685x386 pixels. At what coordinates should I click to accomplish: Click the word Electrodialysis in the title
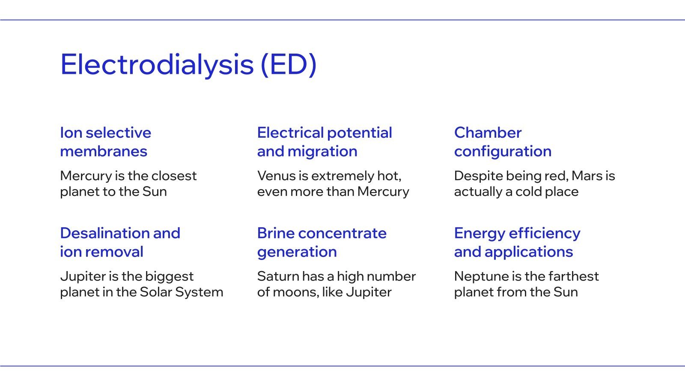pos(157,65)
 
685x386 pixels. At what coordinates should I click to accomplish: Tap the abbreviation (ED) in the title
pos(289,65)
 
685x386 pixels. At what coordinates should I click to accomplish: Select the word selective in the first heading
pos(118,133)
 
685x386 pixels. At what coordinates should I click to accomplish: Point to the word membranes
pos(104,151)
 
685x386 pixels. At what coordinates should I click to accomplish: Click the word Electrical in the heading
pos(291,133)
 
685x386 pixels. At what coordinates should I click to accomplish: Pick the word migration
pos(322,151)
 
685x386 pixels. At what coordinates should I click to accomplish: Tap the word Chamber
pos(488,133)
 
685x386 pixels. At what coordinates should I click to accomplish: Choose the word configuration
pos(503,151)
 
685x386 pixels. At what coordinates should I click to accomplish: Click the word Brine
pos(276,233)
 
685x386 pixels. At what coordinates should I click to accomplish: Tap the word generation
pos(297,252)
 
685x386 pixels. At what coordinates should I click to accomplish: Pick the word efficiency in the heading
pos(544,233)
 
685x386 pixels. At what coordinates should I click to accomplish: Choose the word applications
pos(529,252)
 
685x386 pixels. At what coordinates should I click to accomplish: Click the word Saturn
pos(278,276)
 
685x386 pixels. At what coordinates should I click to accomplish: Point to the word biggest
pos(169,277)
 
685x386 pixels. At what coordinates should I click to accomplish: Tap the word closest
pos(174,176)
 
